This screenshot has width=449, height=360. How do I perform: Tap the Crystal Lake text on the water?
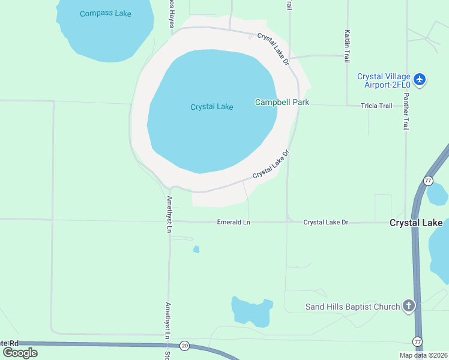(211, 107)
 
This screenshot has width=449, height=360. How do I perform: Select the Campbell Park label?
(282, 102)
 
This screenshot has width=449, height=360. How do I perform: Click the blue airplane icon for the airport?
(420, 80)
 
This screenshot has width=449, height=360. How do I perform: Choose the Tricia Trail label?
(376, 106)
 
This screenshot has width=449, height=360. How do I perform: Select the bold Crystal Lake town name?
(416, 223)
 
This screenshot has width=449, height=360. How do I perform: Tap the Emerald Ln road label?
(233, 223)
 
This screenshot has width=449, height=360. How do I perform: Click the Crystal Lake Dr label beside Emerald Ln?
(325, 223)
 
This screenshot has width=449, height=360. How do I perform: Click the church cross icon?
(408, 307)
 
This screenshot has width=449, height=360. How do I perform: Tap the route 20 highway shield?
(184, 346)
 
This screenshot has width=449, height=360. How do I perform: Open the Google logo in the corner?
(20, 352)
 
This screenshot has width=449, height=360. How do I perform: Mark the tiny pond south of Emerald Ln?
(196, 250)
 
